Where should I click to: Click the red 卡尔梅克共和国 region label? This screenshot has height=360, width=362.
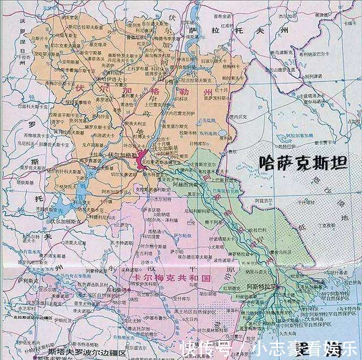point(173,279)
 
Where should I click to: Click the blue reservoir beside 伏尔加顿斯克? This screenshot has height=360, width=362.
point(57,212)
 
